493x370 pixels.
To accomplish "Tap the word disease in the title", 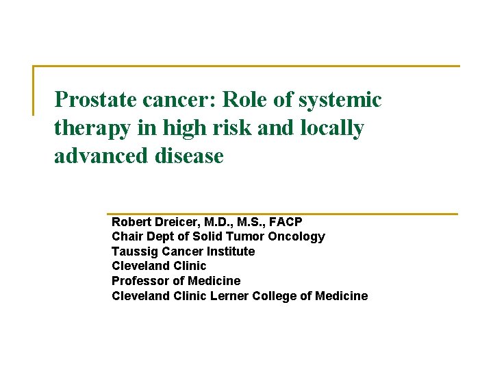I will [x=189, y=156].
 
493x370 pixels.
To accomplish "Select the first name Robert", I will [x=131, y=222].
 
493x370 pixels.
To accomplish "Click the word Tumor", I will [x=249, y=236].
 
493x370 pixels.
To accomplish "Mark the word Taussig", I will [x=134, y=251].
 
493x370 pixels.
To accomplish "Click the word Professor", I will [x=141, y=281].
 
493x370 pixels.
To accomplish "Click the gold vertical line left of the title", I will [x=34, y=90].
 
